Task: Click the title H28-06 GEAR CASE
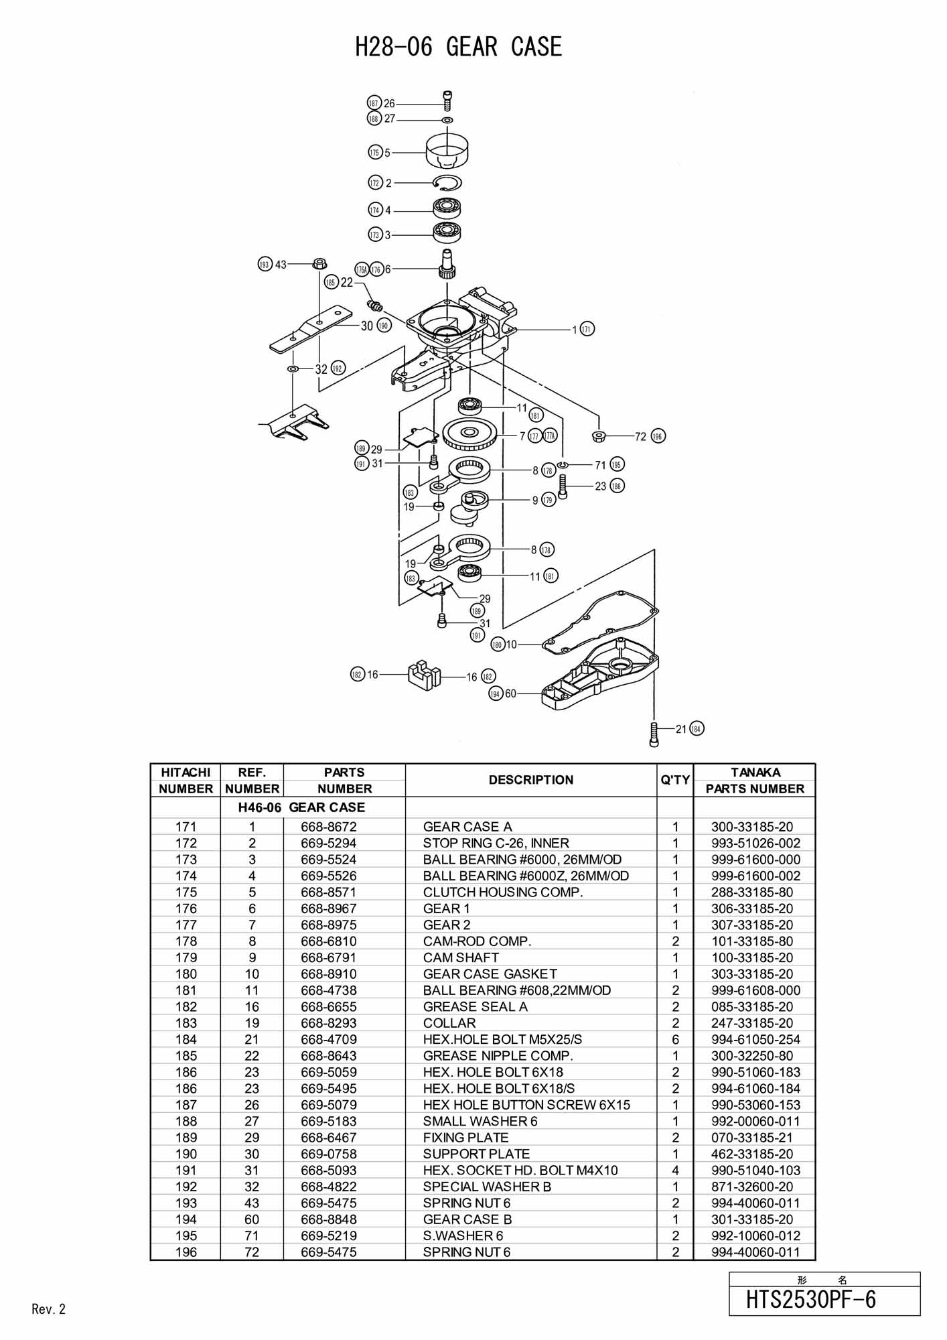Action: tap(458, 47)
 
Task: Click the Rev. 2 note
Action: tap(49, 1309)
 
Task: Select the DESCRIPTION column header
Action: tap(531, 780)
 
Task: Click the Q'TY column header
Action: tap(675, 780)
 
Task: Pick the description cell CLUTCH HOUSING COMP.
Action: tap(503, 892)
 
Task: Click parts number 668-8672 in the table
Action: tap(329, 827)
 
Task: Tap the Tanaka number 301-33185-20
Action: tap(752, 1219)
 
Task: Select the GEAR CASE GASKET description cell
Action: tap(490, 974)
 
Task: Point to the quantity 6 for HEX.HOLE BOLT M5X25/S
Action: tap(675, 1040)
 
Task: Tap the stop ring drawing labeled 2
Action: tap(447, 182)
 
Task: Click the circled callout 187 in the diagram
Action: tap(374, 103)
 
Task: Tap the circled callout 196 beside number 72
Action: tap(658, 436)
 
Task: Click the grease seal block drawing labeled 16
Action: tap(423, 675)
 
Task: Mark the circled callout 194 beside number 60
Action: tap(496, 693)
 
